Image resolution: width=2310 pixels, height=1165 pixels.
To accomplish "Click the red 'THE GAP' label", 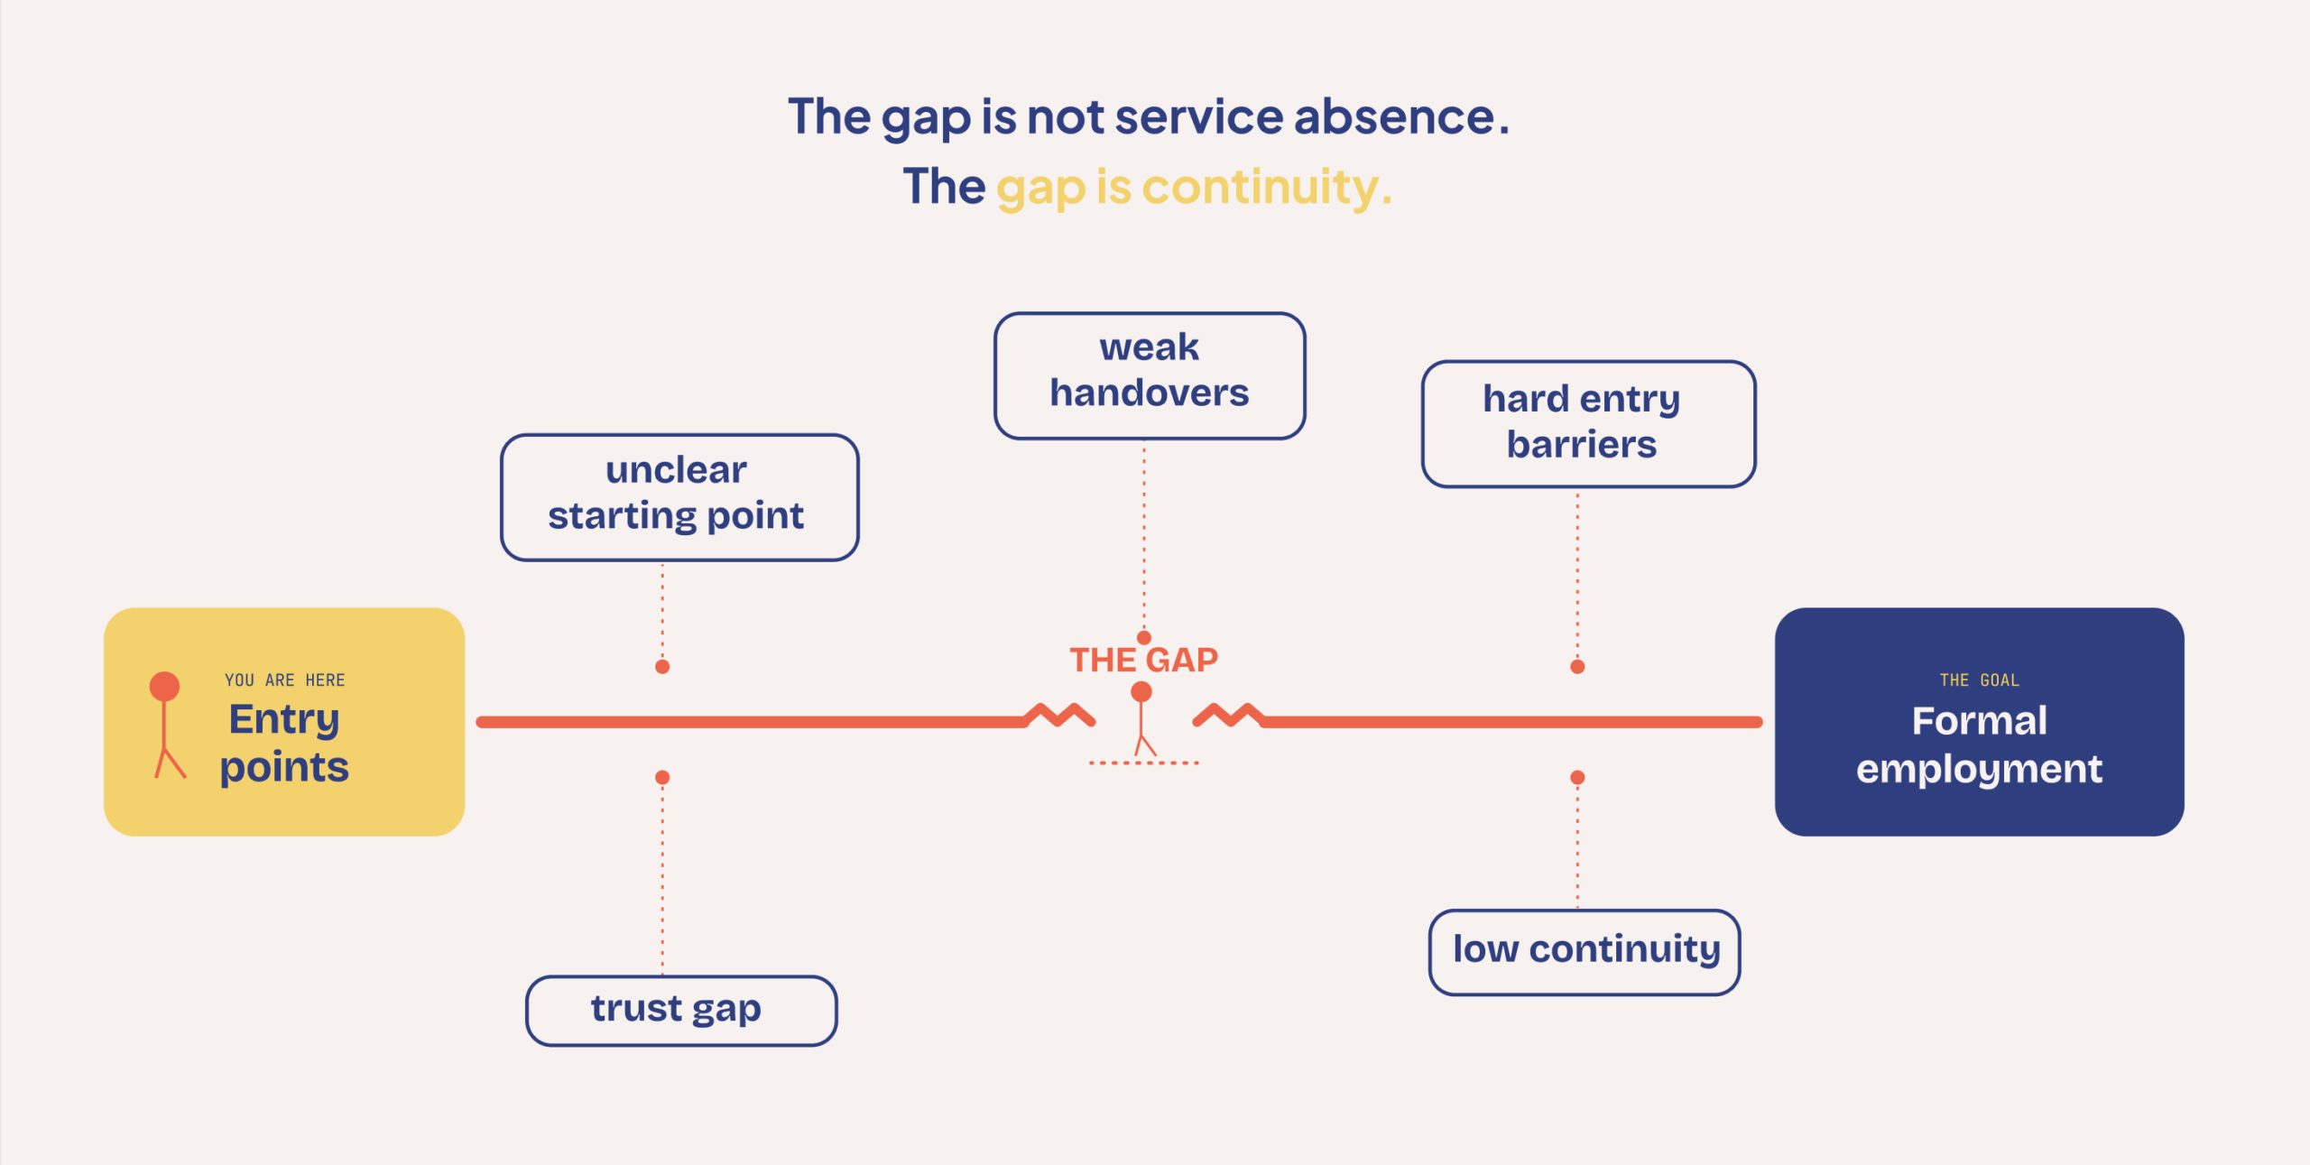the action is (1143, 660).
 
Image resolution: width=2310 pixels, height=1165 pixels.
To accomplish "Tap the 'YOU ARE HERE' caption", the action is (285, 680).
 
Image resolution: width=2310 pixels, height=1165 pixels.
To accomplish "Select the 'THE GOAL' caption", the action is (1979, 680).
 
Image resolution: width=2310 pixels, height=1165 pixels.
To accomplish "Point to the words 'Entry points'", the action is (284, 744).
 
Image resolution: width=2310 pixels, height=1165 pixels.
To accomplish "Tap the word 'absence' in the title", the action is (1394, 117).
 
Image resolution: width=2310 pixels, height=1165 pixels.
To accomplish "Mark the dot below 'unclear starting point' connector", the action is (662, 667).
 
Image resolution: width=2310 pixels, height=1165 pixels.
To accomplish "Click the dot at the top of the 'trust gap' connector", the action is (662, 777).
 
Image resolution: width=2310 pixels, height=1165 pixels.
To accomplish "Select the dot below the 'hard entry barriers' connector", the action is (1577, 667).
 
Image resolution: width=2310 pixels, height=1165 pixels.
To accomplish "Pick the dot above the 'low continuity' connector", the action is (1577, 777).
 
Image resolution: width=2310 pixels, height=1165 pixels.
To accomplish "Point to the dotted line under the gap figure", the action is (1143, 763).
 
